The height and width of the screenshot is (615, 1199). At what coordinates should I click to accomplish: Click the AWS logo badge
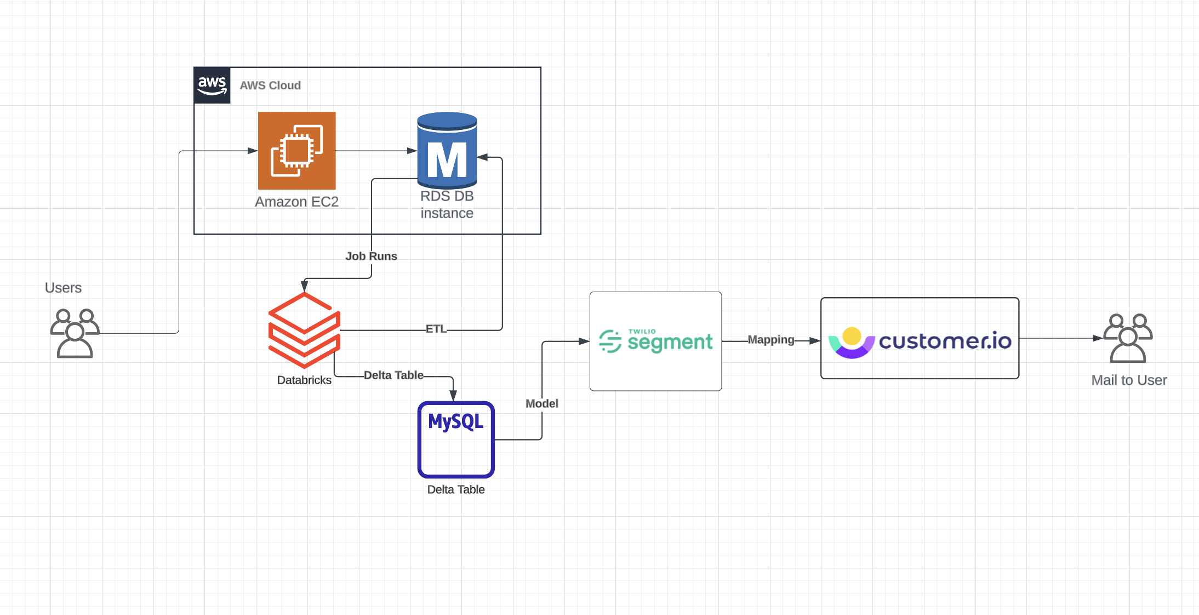coord(212,86)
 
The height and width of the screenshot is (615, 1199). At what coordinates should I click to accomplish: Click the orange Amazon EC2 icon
coord(296,151)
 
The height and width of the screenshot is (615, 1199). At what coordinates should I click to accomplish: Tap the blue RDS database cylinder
coord(447,151)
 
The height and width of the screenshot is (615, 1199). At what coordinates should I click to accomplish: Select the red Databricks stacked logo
coord(304,330)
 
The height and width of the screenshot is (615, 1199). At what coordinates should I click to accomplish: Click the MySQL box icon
coord(456,440)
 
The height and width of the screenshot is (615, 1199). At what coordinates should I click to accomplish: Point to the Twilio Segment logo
coord(655,341)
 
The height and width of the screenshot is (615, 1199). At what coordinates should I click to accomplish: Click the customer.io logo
coord(920,341)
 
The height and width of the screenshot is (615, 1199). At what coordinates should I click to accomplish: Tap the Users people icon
coord(75,333)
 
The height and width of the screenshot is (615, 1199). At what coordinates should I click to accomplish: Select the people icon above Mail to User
coord(1128,338)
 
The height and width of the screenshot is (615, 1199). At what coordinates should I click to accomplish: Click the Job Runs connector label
coord(371,256)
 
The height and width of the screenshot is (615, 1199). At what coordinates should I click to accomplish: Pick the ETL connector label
coord(436,329)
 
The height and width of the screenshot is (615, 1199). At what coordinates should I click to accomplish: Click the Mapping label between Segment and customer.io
coord(770,340)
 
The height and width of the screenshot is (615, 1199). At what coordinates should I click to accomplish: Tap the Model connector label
coord(541,403)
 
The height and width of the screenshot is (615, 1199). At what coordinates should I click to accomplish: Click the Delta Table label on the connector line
coord(393,375)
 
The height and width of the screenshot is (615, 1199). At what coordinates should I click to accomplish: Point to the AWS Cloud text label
coord(270,86)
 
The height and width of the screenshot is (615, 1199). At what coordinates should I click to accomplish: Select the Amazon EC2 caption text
coord(296,202)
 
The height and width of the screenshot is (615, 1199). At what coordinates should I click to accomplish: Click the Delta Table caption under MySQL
coord(456,489)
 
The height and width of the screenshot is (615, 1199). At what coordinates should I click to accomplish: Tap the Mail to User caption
coord(1129,380)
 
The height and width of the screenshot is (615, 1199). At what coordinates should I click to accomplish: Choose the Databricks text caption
coord(304,380)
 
